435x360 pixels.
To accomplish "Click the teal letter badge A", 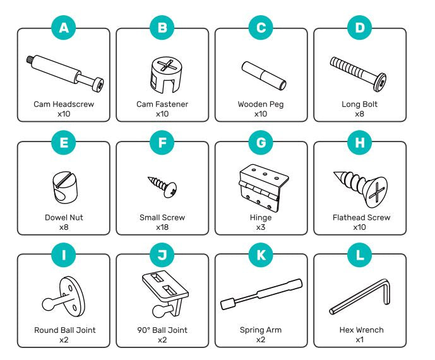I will pyautogui.click(x=64, y=27).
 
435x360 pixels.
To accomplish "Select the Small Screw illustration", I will pyautogui.click(x=162, y=185).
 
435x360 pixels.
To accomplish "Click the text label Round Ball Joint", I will pyautogui.click(x=64, y=330).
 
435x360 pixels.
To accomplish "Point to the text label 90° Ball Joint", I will pyautogui.click(x=163, y=330).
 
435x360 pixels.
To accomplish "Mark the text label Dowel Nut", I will pyautogui.click(x=64, y=217).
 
